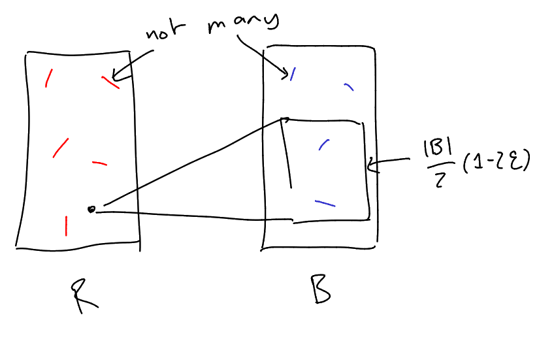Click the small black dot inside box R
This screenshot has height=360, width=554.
pos(91,209)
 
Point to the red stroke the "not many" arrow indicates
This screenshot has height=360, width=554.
pos(110,81)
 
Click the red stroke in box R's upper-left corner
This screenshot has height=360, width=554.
pos(48,78)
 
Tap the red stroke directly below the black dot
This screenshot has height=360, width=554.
pos(66,225)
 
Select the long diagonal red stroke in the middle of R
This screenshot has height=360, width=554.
pos(60,148)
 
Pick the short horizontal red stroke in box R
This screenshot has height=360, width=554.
pos(99,163)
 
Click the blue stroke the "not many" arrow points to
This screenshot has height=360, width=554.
pos(293,74)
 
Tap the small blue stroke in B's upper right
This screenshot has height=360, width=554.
pos(349,87)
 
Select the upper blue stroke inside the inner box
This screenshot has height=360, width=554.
pos(323,144)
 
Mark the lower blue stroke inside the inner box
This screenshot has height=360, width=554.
pos(325,203)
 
